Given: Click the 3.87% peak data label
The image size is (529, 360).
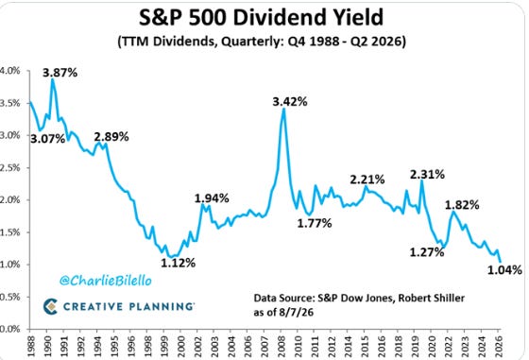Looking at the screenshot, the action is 60,73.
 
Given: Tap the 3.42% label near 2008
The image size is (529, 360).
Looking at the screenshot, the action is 290,101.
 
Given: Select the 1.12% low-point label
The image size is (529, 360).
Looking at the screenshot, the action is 178,263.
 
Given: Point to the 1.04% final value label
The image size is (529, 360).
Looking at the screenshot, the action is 504,269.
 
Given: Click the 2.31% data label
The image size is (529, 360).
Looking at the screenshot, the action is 427,175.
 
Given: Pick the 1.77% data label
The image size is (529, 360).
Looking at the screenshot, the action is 315,223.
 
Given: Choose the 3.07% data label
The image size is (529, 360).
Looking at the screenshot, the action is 47,138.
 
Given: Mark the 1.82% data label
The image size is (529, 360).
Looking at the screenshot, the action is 462,205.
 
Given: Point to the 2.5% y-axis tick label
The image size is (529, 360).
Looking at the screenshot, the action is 10,167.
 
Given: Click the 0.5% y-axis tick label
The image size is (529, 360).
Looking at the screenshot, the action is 10,297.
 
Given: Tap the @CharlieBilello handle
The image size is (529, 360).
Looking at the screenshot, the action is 106,281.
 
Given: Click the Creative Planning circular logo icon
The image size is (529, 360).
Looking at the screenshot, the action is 50,306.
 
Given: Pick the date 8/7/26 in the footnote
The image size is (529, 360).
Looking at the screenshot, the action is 296,313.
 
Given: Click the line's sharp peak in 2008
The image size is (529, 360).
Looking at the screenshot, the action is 283,109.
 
